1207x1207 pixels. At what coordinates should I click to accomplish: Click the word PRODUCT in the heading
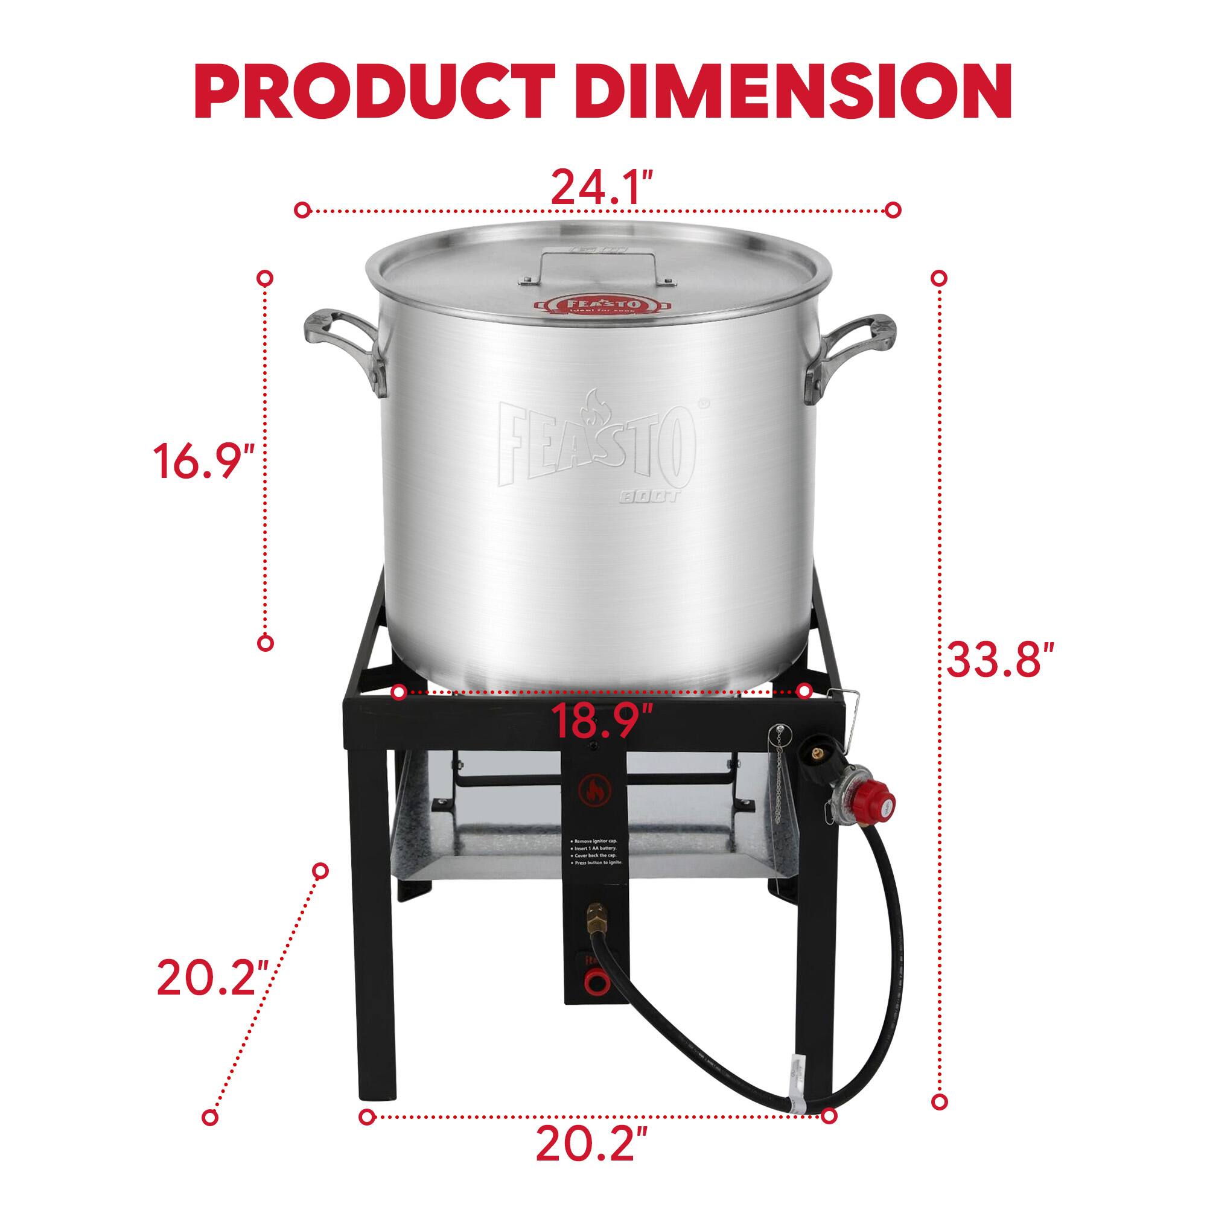tap(375, 92)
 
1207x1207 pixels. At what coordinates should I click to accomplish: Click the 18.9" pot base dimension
tap(602, 720)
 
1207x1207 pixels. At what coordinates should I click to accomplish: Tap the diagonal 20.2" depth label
tap(212, 977)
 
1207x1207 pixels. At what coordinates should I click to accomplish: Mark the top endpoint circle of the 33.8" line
tap(939, 278)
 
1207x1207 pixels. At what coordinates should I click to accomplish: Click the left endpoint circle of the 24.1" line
tap(302, 210)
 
